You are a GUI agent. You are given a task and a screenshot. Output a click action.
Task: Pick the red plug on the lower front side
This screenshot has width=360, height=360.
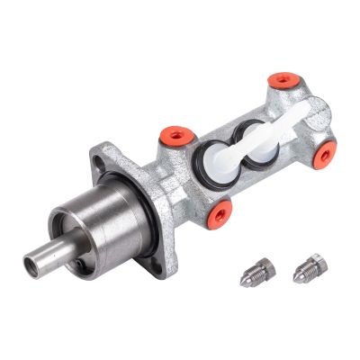[x=220, y=212]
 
